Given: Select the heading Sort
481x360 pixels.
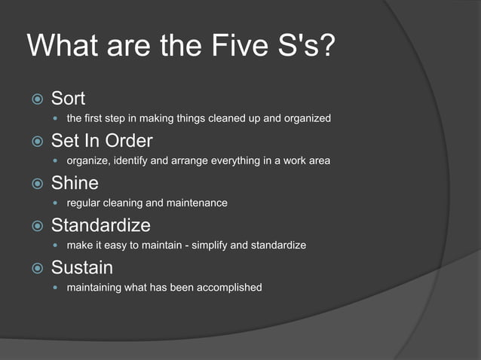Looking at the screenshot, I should [68, 98].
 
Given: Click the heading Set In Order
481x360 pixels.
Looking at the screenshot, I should [102, 140].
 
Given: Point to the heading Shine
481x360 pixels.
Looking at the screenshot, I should [75, 183].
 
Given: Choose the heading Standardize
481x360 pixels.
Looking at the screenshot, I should [100, 225].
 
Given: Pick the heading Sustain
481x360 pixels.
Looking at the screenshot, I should [82, 267].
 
